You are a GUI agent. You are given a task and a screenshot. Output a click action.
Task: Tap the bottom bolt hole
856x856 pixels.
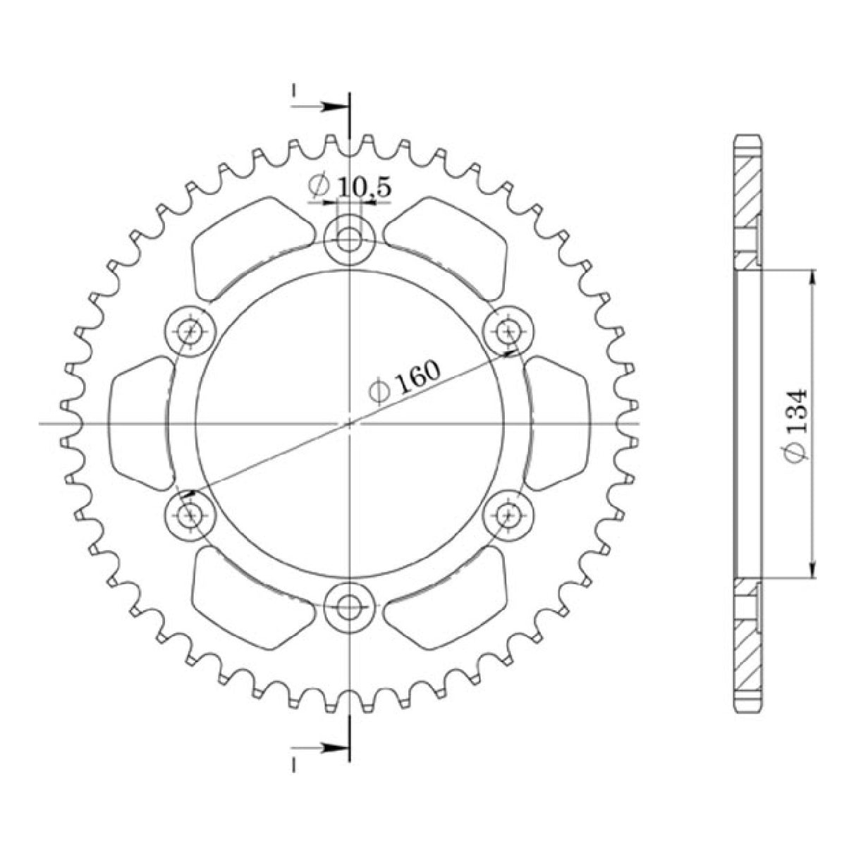tap(348, 605)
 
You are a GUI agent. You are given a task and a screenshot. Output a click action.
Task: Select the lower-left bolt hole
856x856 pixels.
tap(190, 515)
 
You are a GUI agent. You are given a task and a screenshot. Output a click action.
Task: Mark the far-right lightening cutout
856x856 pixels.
tap(557, 423)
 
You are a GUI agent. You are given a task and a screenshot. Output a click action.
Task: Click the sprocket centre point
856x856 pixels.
tap(348, 424)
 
